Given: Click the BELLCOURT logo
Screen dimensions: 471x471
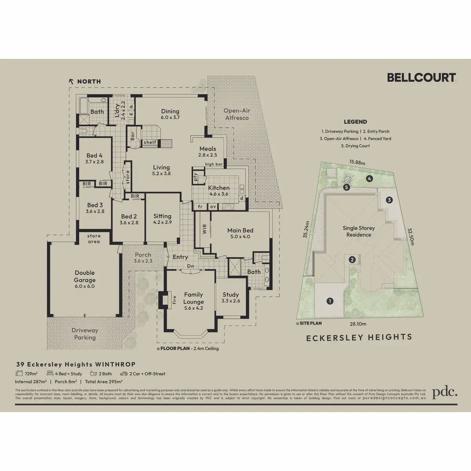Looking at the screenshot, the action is click(x=421, y=77).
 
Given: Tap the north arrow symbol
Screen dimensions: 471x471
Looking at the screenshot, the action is click(x=71, y=81).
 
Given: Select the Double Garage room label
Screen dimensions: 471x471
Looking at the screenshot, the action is click(x=85, y=276).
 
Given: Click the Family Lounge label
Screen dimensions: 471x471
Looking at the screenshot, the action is click(x=194, y=298).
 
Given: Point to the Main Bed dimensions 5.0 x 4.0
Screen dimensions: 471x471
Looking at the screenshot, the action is click(x=241, y=237).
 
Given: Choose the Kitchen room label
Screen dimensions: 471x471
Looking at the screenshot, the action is click(x=219, y=188).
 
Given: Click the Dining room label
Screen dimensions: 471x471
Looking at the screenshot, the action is click(x=170, y=111).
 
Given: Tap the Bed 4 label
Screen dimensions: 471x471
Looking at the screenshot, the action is click(x=94, y=155).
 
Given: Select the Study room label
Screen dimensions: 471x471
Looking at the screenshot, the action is click(x=231, y=294).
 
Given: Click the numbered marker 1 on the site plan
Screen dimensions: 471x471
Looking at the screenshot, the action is click(x=330, y=301).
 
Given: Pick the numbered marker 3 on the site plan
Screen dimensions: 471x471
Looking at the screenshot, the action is click(x=389, y=200).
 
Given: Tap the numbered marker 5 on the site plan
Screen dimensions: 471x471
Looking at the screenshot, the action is click(x=346, y=188).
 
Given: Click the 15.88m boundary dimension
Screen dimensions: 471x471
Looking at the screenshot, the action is click(x=357, y=162).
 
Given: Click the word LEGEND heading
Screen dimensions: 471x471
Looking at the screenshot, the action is click(x=355, y=122).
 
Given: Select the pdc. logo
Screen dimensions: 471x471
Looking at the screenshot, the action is click(x=445, y=392).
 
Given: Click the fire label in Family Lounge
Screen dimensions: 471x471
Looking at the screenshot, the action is click(x=175, y=300).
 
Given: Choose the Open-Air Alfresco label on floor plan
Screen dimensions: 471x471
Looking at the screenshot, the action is click(x=237, y=114).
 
